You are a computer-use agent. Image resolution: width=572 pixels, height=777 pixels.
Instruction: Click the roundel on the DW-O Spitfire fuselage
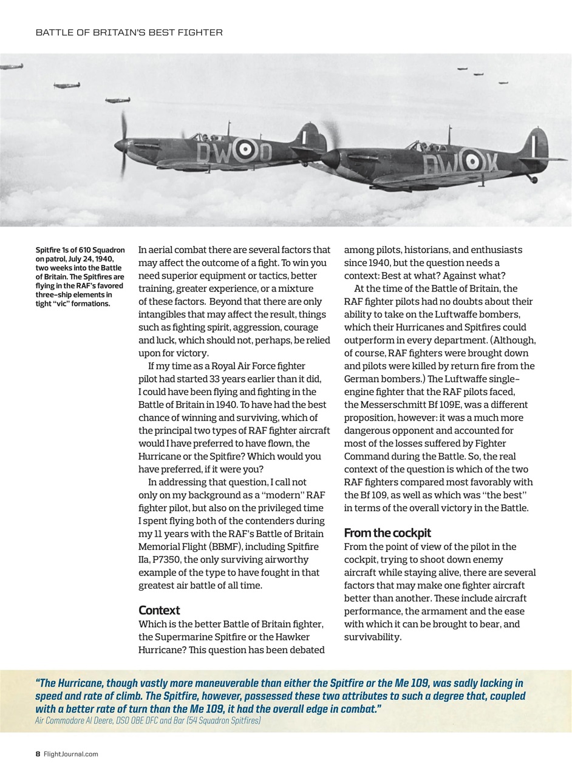tap(245, 149)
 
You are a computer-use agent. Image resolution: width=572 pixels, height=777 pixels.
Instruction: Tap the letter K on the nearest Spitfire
tap(490, 163)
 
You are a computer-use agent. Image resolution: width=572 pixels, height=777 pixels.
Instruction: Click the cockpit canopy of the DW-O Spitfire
tap(201, 137)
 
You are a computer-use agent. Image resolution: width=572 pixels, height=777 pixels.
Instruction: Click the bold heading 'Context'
tap(159, 610)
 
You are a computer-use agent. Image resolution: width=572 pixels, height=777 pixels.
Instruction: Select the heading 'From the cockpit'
tap(387, 533)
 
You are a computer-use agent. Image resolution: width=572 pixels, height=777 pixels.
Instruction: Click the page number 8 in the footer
tap(38, 754)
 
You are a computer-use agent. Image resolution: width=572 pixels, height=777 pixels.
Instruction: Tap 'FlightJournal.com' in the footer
tap(71, 754)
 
